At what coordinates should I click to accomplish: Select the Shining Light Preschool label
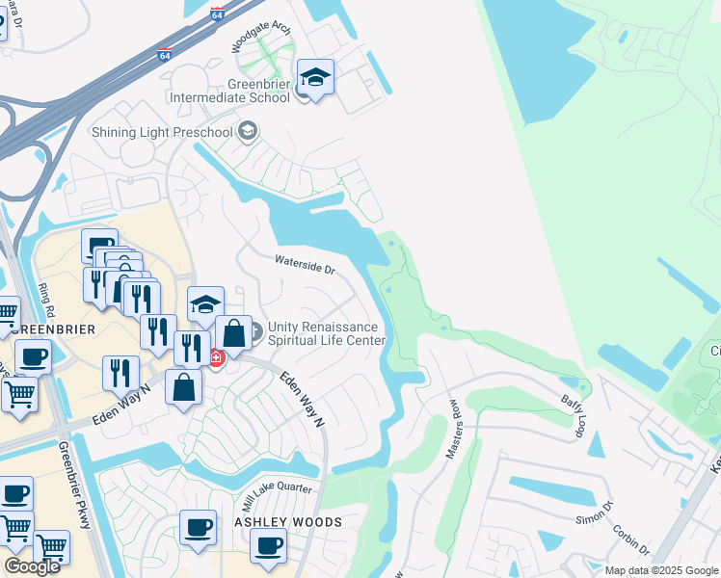(163, 131)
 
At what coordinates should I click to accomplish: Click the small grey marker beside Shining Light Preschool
(248, 131)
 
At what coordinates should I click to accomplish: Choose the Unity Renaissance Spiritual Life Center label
(327, 333)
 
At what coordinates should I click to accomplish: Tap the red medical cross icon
(217, 358)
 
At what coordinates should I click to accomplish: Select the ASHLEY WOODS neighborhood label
(288, 522)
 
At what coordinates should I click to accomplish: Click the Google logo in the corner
(32, 565)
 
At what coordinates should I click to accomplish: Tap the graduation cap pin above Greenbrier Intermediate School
(315, 76)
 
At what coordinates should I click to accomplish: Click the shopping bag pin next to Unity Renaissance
(233, 334)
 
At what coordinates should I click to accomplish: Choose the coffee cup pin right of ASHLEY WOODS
(269, 545)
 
